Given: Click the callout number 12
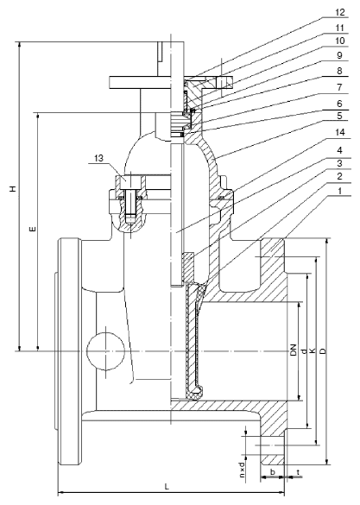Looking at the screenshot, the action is pyautogui.click(x=340, y=13).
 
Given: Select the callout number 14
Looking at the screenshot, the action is pyautogui.click(x=340, y=132).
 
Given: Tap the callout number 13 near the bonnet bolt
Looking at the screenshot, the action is pyautogui.click(x=99, y=158).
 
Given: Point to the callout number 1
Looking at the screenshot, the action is pyautogui.click(x=340, y=191).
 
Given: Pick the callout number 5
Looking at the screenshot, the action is pyautogui.click(x=340, y=116).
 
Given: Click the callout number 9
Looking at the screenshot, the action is pyautogui.click(x=340, y=55).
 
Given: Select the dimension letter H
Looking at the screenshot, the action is pyautogui.click(x=13, y=188).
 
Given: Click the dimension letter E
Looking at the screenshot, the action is pyautogui.click(x=32, y=230).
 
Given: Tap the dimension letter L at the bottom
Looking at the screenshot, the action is pyautogui.click(x=167, y=486).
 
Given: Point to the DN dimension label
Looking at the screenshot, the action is pyautogui.click(x=293, y=350).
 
